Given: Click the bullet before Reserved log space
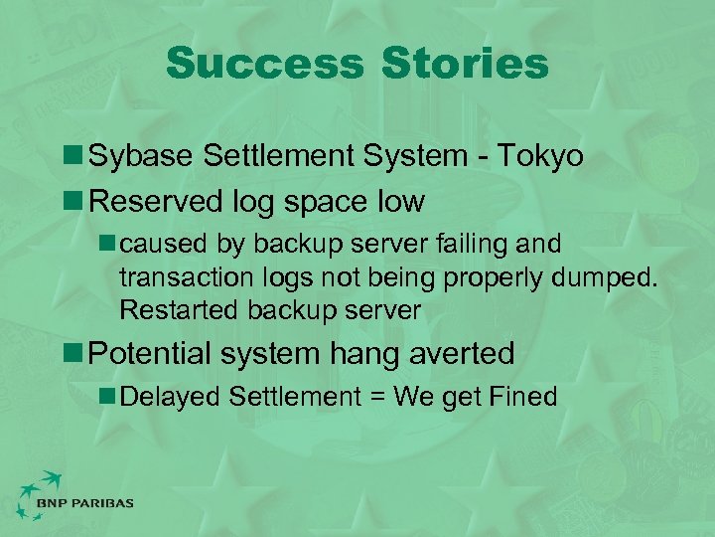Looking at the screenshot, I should click(74, 201).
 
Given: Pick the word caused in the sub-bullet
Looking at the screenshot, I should click(160, 244).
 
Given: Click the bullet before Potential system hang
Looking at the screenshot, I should click(74, 352).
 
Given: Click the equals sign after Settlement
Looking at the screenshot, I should click(378, 397).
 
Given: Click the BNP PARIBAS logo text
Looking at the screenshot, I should click(84, 504).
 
